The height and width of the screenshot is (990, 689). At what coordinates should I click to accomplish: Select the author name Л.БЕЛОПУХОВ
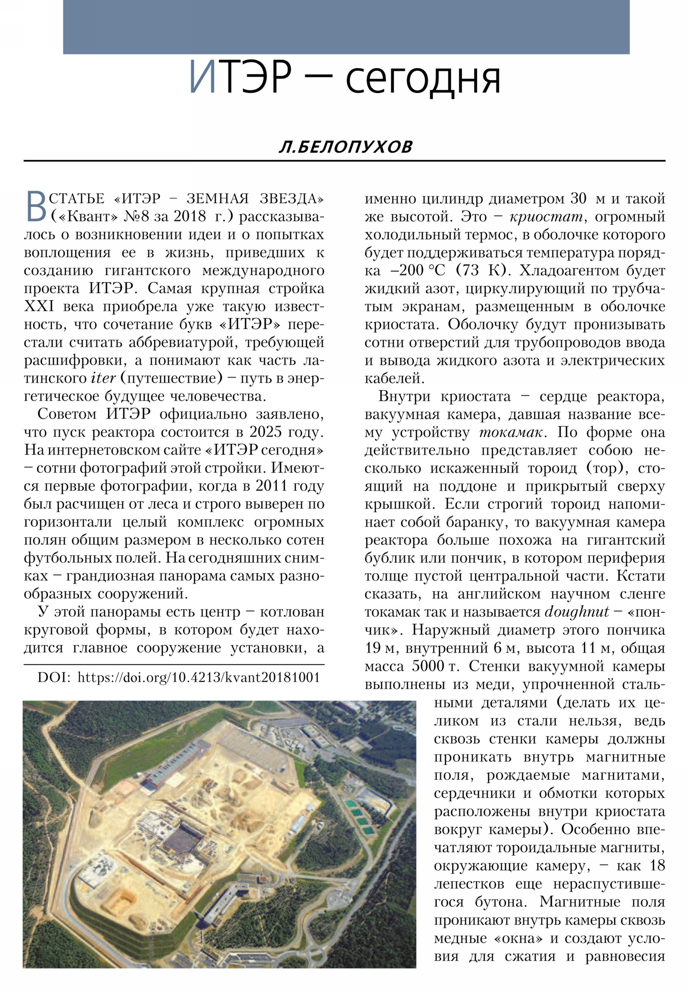coord(345,148)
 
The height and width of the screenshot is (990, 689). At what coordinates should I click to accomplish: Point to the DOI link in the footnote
coord(199,678)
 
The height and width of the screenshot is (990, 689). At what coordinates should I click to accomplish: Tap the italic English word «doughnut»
coord(577,612)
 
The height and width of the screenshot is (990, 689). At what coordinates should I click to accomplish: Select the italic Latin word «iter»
coord(103,378)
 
